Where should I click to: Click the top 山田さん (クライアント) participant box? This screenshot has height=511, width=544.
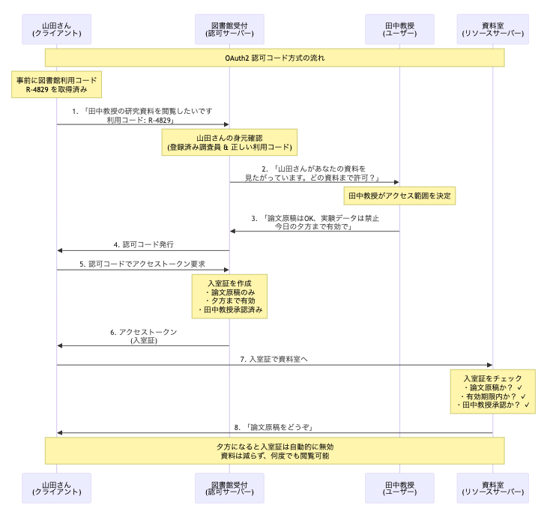pyautogui.click(x=57, y=29)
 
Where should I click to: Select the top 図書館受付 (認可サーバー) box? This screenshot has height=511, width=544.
pyautogui.click(x=229, y=29)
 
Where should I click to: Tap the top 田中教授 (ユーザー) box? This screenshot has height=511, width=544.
pyautogui.click(x=399, y=29)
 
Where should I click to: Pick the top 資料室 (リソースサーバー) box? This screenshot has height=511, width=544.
pyautogui.click(x=492, y=29)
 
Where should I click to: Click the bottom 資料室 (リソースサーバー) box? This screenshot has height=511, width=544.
pyautogui.click(x=492, y=488)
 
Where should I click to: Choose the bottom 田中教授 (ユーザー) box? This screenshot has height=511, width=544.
pyautogui.click(x=399, y=488)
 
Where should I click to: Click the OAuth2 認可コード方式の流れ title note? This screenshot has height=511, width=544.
pyautogui.click(x=274, y=58)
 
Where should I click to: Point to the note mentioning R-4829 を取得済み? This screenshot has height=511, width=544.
pyautogui.click(x=57, y=85)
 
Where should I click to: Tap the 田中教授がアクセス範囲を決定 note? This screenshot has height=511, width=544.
pyautogui.click(x=399, y=196)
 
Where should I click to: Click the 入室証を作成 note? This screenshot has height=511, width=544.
pyautogui.click(x=229, y=295)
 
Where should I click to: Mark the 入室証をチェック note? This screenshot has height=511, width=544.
pyautogui.click(x=492, y=391)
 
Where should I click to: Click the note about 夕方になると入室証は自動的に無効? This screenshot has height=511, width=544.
pyautogui.click(x=274, y=451)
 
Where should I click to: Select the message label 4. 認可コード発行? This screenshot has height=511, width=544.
pyautogui.click(x=144, y=244)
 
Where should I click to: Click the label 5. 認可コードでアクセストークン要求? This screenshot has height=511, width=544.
pyautogui.click(x=142, y=264)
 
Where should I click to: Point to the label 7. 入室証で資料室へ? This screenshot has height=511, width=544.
pyautogui.click(x=274, y=359)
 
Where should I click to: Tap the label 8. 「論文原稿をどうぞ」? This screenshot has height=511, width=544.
pyautogui.click(x=274, y=427)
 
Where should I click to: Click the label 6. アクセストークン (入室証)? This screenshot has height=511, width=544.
pyautogui.click(x=143, y=336)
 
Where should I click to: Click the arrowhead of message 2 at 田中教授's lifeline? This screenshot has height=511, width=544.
pyautogui.click(x=396, y=182)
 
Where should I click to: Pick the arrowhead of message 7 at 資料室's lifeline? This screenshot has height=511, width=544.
pyautogui.click(x=489, y=365)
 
